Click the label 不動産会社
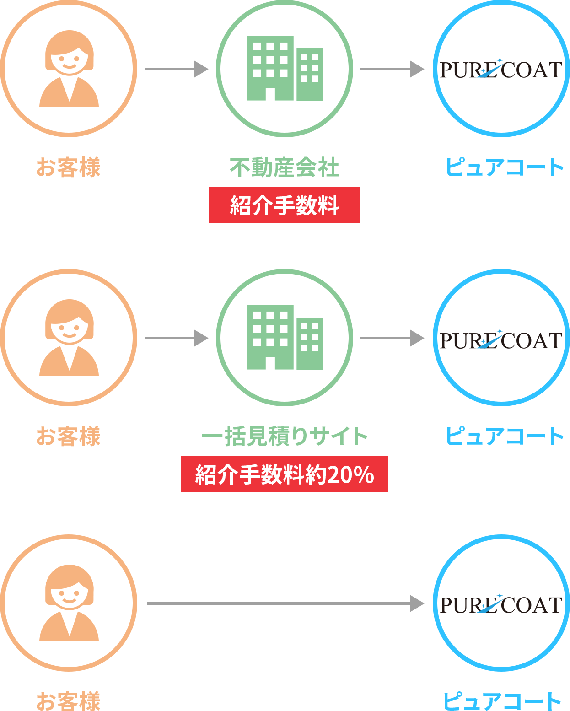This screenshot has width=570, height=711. click(284, 167)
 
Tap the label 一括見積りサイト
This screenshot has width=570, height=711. click(285, 436)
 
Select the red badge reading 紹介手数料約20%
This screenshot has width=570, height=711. click(284, 474)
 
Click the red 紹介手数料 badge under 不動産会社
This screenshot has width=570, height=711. click(284, 205)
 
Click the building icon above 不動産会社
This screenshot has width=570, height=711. click(285, 68)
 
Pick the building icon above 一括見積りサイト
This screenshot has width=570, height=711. click(285, 337)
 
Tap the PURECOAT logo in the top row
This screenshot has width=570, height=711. click(500, 70)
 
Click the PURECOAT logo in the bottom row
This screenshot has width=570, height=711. click(500, 604)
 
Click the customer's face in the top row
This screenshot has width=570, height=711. click(69, 57)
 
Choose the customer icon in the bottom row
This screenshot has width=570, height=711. click(69, 603)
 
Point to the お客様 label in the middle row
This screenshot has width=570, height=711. click(68, 436)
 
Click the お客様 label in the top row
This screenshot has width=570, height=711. click(68, 167)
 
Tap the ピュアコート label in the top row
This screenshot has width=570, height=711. click(505, 167)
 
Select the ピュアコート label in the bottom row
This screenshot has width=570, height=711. click(502, 701)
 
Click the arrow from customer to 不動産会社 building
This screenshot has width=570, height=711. click(176, 69)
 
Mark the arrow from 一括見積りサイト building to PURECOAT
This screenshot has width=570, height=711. click(392, 338)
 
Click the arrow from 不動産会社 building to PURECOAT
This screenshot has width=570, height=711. click(392, 69)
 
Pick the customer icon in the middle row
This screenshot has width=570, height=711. click(69, 338)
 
